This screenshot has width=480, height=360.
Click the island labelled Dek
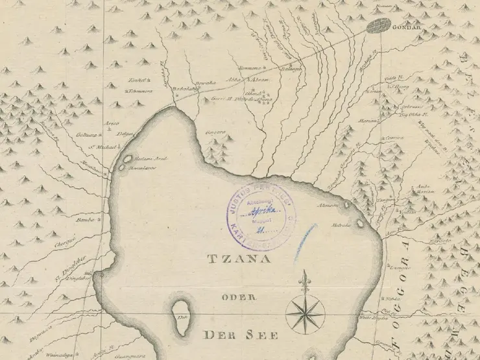click(x=182, y=317)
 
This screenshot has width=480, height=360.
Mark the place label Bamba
click(x=85, y=221)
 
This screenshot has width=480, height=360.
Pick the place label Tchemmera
click(x=137, y=91)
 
